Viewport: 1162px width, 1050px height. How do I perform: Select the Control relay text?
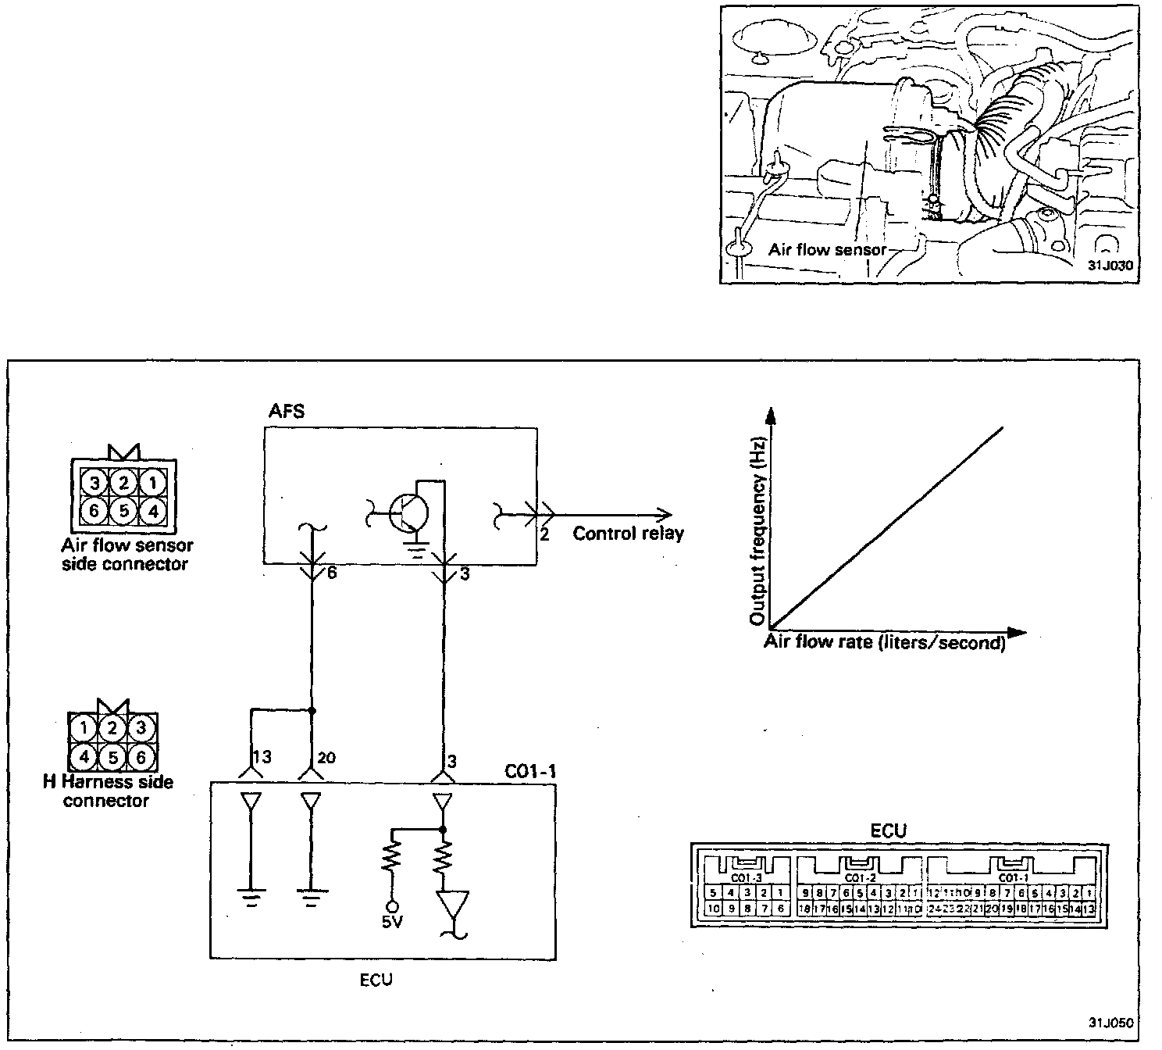point(628,534)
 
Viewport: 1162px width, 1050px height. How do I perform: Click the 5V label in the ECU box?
point(392,923)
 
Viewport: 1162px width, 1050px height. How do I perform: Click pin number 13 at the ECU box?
point(262,757)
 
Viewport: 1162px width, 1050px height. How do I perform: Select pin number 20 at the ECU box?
point(326,757)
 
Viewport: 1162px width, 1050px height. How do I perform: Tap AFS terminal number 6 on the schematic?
point(331,573)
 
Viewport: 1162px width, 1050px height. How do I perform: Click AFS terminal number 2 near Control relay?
point(544,535)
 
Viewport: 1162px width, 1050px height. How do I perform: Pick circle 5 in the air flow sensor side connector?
point(123,512)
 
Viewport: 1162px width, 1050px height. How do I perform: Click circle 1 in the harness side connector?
point(83,728)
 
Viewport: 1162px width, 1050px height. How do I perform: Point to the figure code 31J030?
point(1110,265)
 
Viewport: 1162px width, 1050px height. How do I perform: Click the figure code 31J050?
point(1110,1021)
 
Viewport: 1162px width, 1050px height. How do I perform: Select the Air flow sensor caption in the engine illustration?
point(827,250)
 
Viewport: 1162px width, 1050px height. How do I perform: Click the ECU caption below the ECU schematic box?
point(376,980)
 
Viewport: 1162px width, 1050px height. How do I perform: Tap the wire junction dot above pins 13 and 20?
point(312,711)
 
